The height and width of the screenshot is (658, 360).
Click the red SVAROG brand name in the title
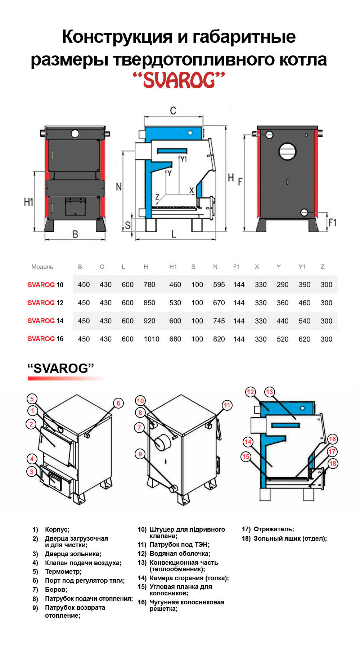pyautogui.click(x=179, y=80)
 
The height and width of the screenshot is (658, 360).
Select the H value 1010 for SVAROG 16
pyautogui.click(x=151, y=339)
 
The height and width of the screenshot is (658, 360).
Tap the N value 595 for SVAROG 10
pyautogui.click(x=219, y=285)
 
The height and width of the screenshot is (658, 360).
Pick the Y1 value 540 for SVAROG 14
pyautogui.click(x=305, y=321)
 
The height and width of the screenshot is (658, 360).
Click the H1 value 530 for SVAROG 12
pyautogui.click(x=175, y=303)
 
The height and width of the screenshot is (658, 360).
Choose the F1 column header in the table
pyautogui.click(x=236, y=267)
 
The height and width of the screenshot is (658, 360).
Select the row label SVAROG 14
pyautogui.click(x=45, y=321)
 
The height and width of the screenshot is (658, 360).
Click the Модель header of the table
pyautogui.click(x=42, y=267)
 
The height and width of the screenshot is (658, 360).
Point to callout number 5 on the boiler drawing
pyautogui.click(x=32, y=399)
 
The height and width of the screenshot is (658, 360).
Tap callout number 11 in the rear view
pyautogui.click(x=227, y=405)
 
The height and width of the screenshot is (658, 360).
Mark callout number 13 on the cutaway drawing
pyautogui.click(x=270, y=392)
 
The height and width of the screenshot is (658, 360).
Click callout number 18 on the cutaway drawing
pyautogui.click(x=333, y=464)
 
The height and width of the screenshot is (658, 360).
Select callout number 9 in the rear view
pyautogui.click(x=140, y=454)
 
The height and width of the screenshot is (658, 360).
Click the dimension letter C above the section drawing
pyautogui.click(x=173, y=110)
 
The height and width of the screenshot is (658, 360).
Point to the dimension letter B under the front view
pyautogui.click(x=75, y=234)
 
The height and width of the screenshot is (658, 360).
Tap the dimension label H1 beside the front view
pyautogui.click(x=28, y=202)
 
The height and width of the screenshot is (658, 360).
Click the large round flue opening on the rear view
pyautogui.click(x=287, y=151)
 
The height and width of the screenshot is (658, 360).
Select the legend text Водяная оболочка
pyautogui.click(x=180, y=554)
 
